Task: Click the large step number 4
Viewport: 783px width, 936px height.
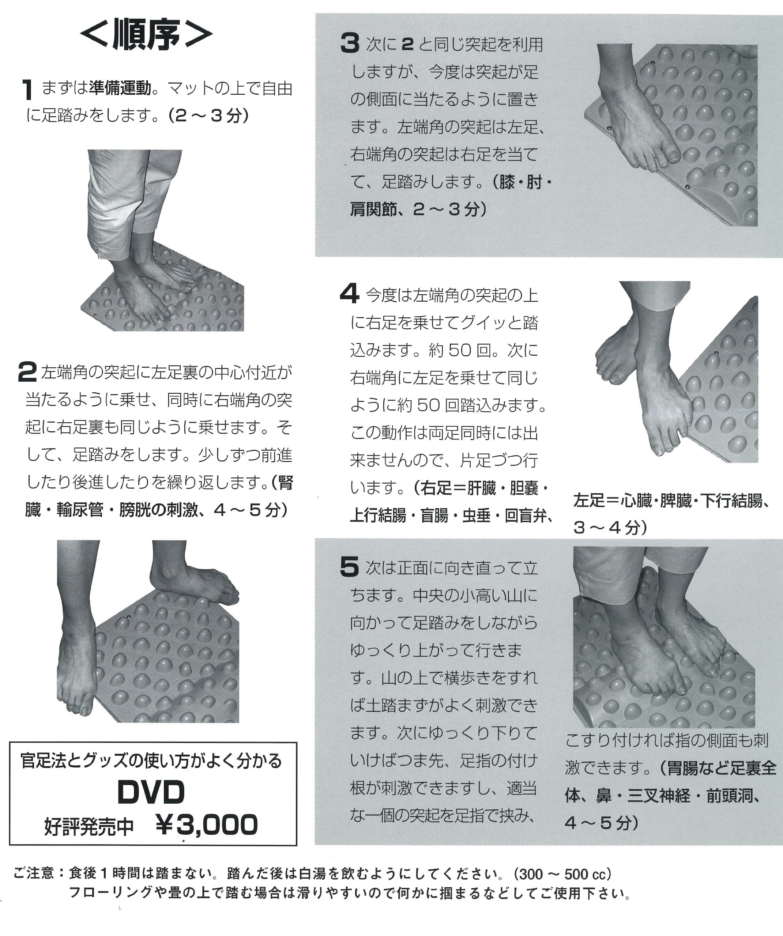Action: click(350, 295)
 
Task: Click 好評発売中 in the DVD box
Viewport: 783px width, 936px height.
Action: click(89, 826)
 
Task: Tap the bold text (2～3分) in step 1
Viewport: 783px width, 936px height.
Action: click(208, 116)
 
